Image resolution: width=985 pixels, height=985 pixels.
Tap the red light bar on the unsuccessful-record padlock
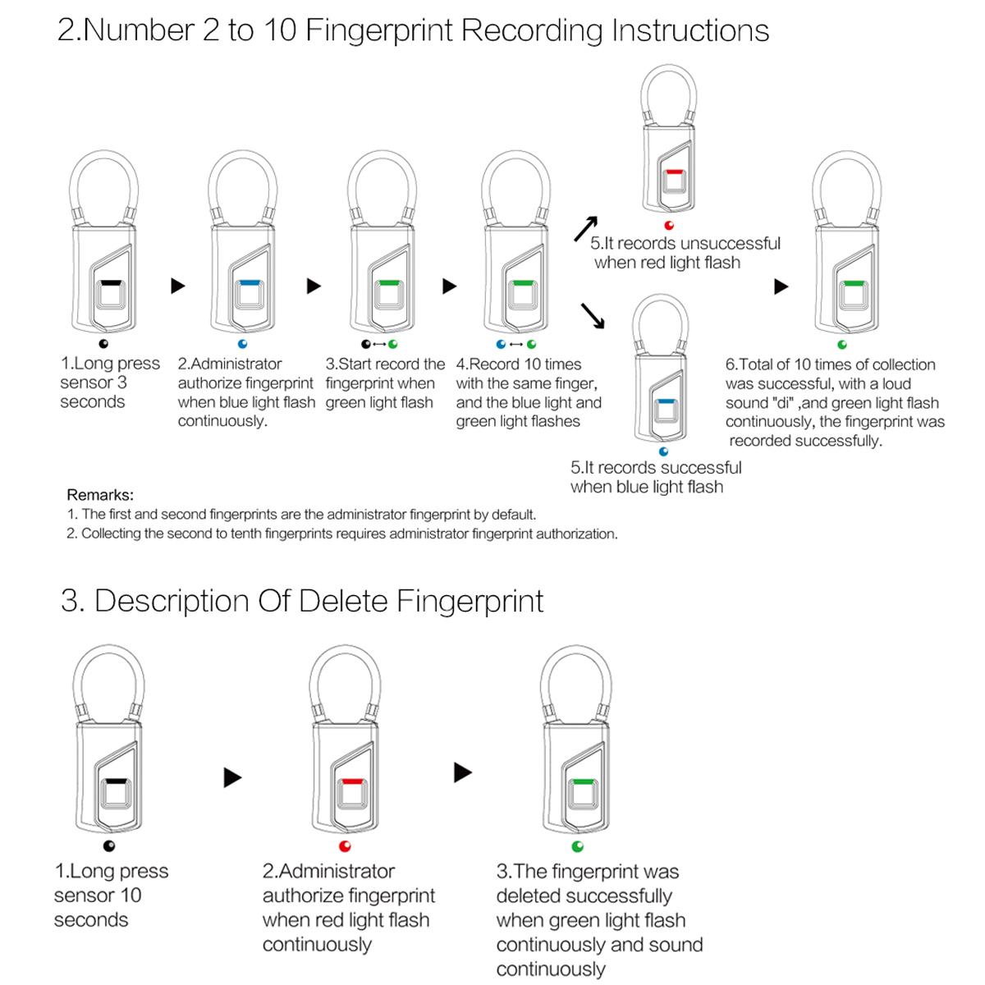click(x=674, y=172)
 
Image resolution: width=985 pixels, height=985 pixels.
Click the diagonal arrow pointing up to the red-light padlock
click(x=585, y=229)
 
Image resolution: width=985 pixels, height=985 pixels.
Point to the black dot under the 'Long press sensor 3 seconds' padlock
click(x=103, y=344)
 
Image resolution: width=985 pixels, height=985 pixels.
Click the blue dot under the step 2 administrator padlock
click(x=242, y=344)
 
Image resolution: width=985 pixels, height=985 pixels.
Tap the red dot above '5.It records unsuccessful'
click(x=670, y=225)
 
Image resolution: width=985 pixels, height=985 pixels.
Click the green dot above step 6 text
click(x=842, y=345)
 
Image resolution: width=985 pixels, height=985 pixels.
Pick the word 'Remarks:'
click(x=100, y=495)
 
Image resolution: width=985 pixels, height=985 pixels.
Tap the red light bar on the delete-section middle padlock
click(x=351, y=782)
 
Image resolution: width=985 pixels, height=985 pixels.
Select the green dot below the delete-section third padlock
click(x=578, y=846)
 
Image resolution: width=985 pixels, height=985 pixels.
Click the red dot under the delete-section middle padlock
click(x=345, y=846)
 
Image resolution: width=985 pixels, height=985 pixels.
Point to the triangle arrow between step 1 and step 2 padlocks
click(x=178, y=286)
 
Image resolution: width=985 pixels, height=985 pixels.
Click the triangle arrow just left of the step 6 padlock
click(x=781, y=286)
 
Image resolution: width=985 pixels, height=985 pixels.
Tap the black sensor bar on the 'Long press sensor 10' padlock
click(x=114, y=782)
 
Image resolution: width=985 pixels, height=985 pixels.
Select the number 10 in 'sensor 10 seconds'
click(x=131, y=896)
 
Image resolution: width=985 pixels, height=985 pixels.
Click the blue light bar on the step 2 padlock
click(x=249, y=283)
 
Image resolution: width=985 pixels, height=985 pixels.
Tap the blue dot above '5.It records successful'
click(x=664, y=451)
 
